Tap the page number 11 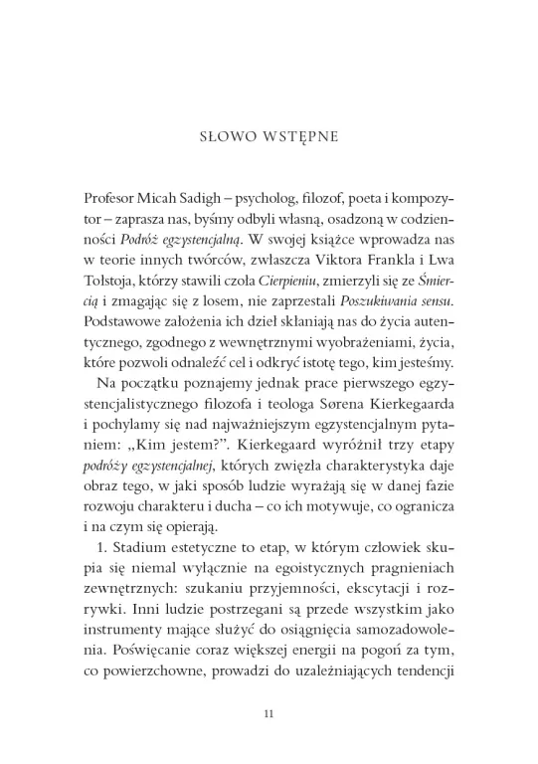pyautogui.click(x=269, y=712)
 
